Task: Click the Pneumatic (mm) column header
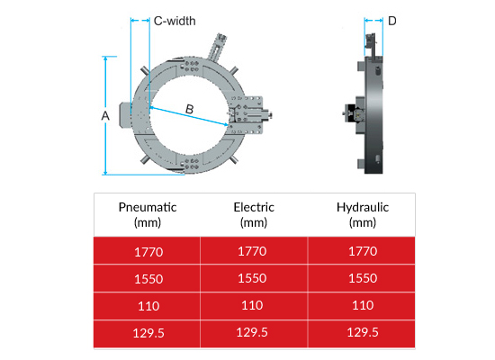[x=148, y=214]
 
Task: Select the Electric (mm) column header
[x=254, y=214]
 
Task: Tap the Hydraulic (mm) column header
[x=361, y=214]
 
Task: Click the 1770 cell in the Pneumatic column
[x=148, y=251]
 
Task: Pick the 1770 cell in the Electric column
[x=254, y=251]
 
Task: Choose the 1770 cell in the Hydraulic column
[x=361, y=251]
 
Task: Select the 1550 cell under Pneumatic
[x=148, y=278]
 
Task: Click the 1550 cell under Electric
[x=254, y=278]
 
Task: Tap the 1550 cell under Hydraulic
[x=361, y=278]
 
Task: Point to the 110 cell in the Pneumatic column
[x=148, y=306]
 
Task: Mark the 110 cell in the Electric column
[x=254, y=306]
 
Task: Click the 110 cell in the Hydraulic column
[x=361, y=306]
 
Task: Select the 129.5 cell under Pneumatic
[x=148, y=333]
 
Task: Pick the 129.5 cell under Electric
[x=254, y=333]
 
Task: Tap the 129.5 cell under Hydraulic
[x=361, y=333]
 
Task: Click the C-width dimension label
[x=175, y=20]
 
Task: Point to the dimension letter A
[x=105, y=116]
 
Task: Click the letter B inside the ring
[x=189, y=109]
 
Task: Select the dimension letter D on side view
[x=391, y=20]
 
